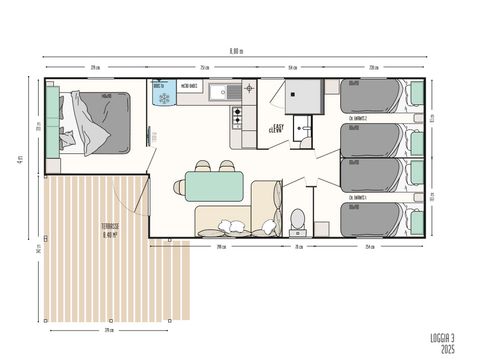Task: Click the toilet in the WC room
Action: [297, 218]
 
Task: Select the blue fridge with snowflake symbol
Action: [161, 92]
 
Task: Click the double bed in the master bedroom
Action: [98, 122]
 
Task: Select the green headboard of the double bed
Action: [51, 122]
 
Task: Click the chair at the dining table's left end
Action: [179, 185]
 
